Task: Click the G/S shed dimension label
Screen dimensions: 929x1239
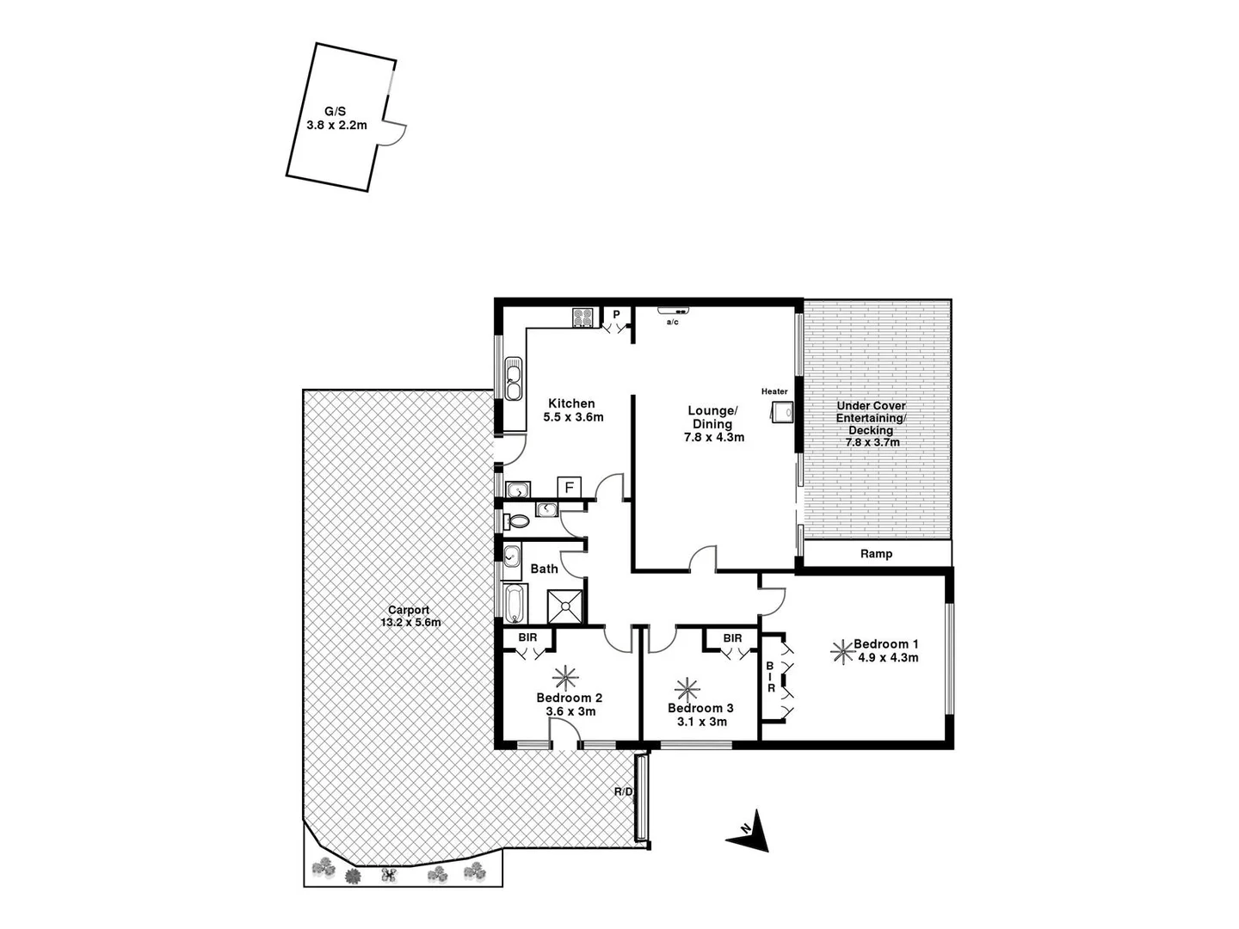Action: pyautogui.click(x=336, y=119)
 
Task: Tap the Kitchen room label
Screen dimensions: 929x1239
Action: pyautogui.click(x=572, y=410)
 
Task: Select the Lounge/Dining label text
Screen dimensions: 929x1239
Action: pyautogui.click(x=713, y=424)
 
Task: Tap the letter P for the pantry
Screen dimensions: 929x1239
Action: pyautogui.click(x=617, y=315)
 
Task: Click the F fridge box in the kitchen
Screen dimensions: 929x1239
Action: pyautogui.click(x=569, y=488)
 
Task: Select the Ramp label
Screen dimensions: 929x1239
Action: pyautogui.click(x=876, y=554)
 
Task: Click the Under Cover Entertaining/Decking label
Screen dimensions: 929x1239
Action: pyautogui.click(x=872, y=424)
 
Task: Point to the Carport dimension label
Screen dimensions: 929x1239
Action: pyautogui.click(x=409, y=616)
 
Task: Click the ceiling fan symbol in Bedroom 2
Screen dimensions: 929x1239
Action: pyautogui.click(x=566, y=676)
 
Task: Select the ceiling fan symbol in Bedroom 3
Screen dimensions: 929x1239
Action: pyautogui.click(x=687, y=689)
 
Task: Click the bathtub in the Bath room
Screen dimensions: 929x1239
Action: pyautogui.click(x=514, y=604)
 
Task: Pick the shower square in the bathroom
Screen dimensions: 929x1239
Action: pyautogui.click(x=566, y=606)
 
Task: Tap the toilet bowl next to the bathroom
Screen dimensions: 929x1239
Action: pyautogui.click(x=518, y=520)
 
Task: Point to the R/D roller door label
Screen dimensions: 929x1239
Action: pyautogui.click(x=624, y=791)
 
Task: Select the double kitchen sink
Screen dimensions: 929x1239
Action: pyautogui.click(x=514, y=380)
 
